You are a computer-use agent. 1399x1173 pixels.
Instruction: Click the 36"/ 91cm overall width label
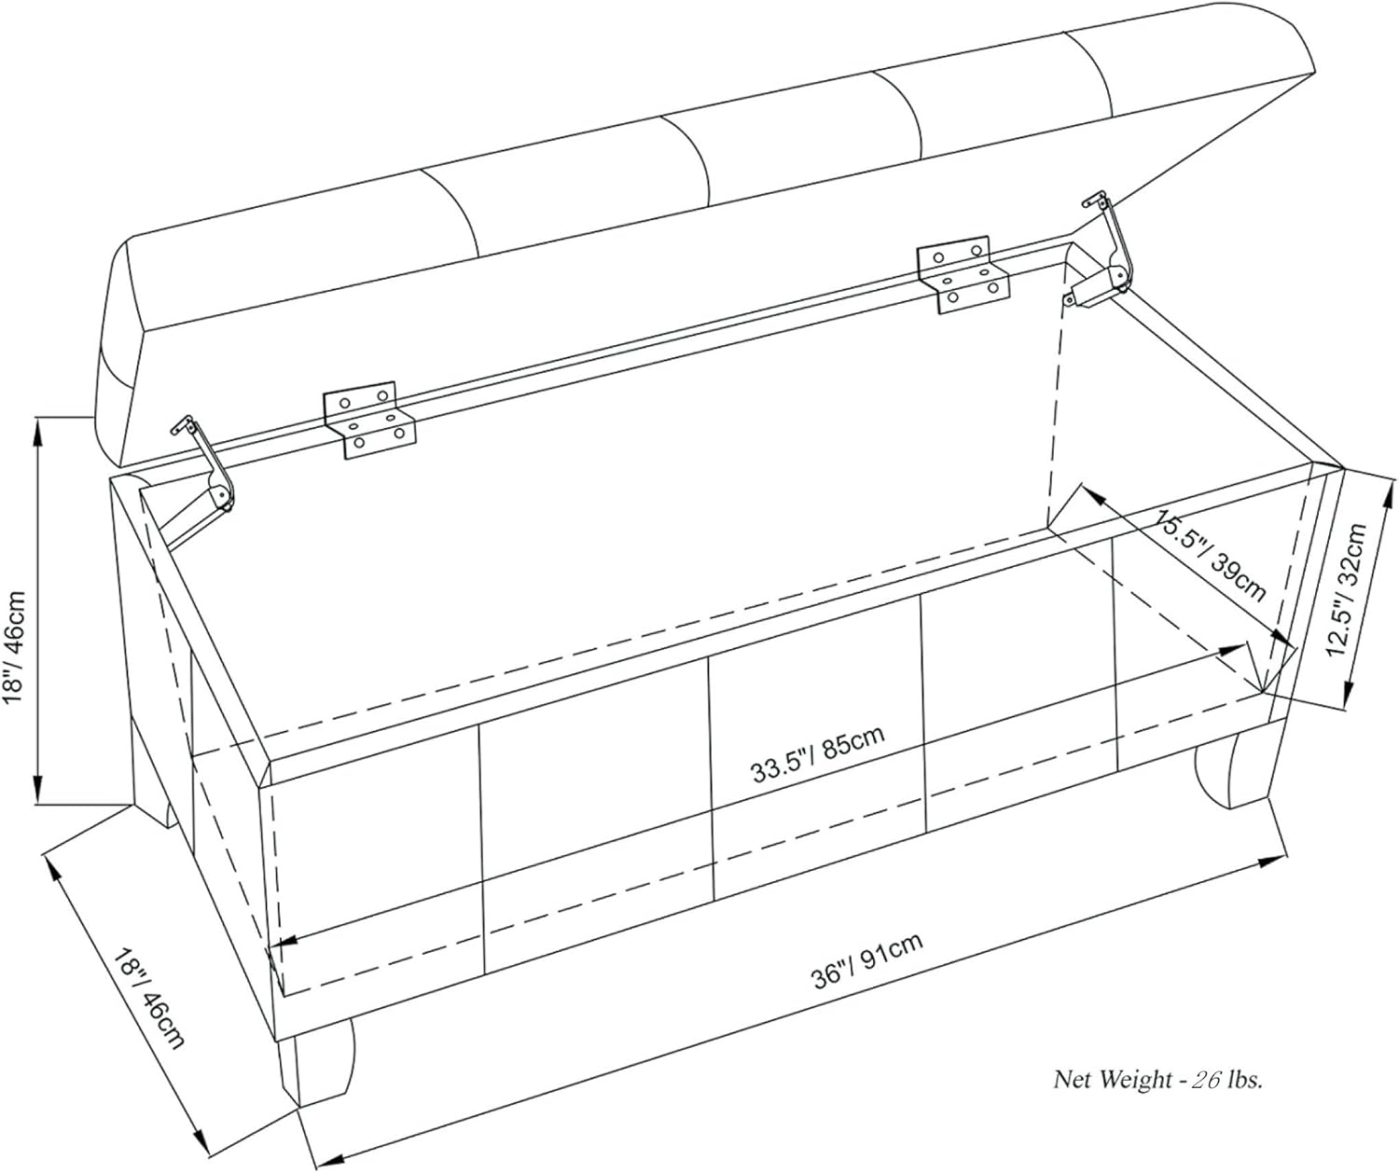click(x=867, y=960)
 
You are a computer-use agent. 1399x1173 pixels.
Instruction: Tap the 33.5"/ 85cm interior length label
click(x=818, y=753)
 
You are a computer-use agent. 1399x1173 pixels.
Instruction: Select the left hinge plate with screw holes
click(x=369, y=420)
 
